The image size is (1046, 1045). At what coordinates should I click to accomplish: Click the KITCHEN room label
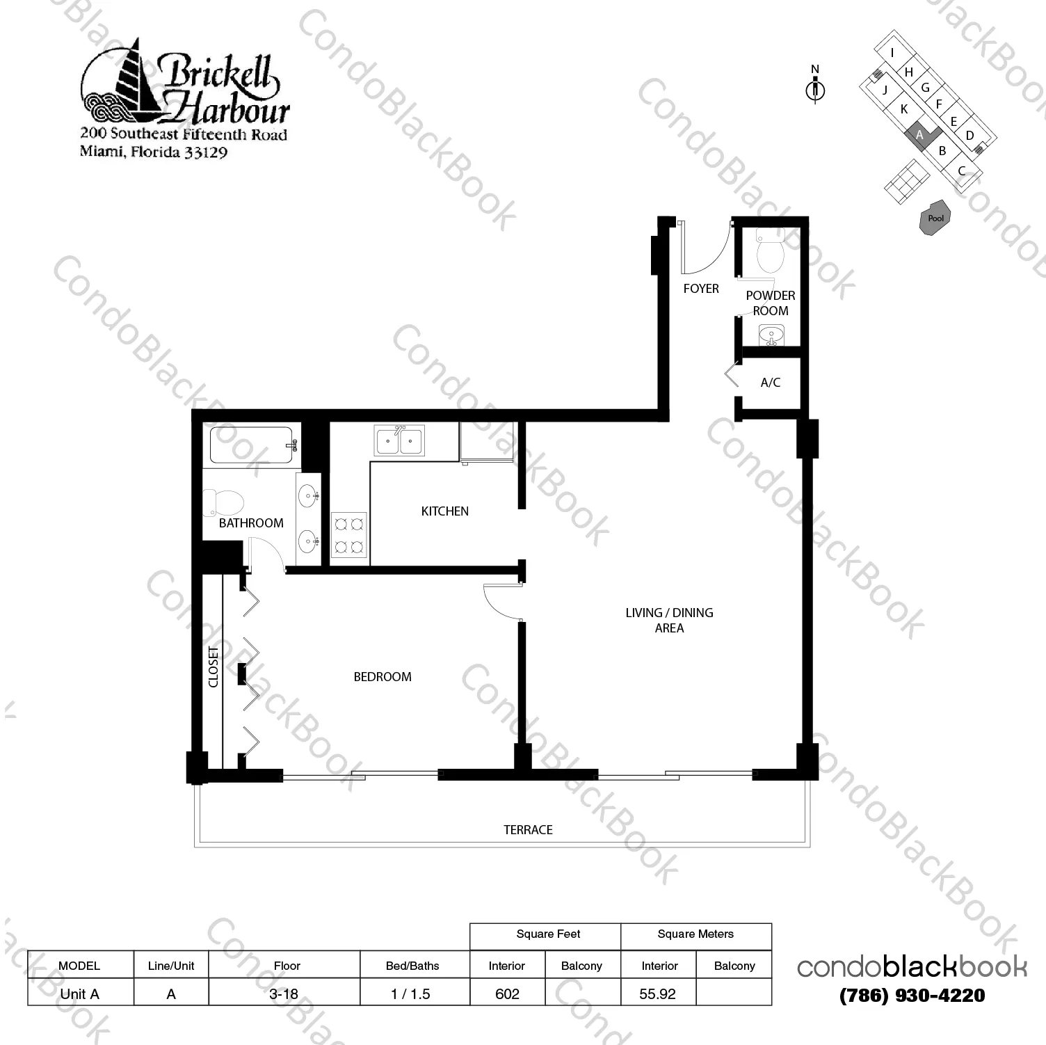pos(444,511)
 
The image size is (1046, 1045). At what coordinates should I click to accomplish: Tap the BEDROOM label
pos(382,677)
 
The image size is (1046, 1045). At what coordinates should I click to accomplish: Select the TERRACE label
pos(528,830)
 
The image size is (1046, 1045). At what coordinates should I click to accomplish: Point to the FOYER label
pos(700,289)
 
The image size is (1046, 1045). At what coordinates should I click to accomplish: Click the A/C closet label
pos(770,383)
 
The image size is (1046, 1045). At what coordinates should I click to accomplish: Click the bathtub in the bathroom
pos(251,445)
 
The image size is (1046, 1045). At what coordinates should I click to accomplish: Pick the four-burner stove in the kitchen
pos(348,535)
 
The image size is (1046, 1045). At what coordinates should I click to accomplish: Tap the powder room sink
pos(770,336)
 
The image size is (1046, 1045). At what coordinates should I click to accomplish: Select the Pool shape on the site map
pos(935,218)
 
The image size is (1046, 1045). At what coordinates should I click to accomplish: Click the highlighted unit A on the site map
pos(920,134)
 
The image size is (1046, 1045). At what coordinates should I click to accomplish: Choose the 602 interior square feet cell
pos(507,994)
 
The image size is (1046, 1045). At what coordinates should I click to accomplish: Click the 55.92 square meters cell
pos(657,994)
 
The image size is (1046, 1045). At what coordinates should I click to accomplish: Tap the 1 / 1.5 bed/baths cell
pos(411,994)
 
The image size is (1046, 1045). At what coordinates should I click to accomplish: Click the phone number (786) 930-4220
pos(912,996)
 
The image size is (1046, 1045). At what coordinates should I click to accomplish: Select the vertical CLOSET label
pos(213,667)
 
